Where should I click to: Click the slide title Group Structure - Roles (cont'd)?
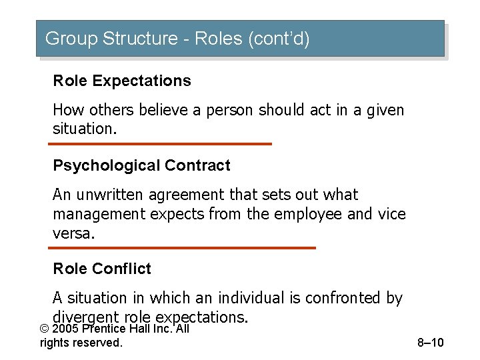(177, 39)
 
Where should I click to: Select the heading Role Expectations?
(122, 81)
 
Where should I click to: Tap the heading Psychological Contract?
(141, 165)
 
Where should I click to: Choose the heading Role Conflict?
(102, 269)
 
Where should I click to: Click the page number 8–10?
(430, 343)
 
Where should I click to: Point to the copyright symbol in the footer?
(44, 329)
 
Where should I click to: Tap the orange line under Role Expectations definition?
(162, 143)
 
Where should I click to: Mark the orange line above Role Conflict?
(184, 247)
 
